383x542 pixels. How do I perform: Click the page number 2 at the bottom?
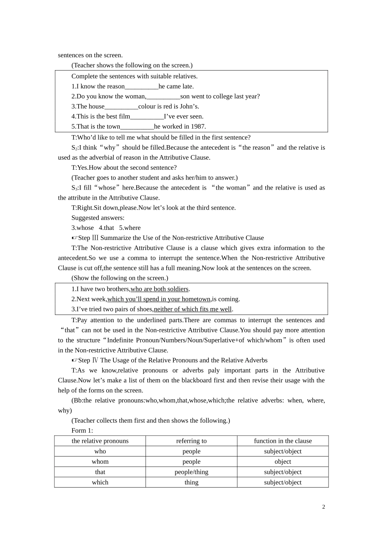pos(323,507)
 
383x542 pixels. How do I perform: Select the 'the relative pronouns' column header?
pos(100,441)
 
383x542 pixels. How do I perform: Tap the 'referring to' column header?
pos(191,441)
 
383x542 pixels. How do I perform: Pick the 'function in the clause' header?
pos(283,441)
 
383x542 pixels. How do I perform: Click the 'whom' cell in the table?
pos(100,462)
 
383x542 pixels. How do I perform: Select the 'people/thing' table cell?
pos(191,472)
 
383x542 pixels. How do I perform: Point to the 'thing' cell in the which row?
pos(191,482)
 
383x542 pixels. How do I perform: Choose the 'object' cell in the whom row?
pos(283,462)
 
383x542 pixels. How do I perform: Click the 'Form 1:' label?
pos(82,430)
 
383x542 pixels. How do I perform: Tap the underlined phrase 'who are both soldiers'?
pos(159,289)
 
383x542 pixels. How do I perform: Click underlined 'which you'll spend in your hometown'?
pos(159,299)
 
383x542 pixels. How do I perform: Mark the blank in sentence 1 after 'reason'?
pos(142,87)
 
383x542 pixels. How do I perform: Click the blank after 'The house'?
pos(121,107)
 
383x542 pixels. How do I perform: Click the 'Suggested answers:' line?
pos(98,218)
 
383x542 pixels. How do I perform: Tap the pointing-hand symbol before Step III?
pos(75,238)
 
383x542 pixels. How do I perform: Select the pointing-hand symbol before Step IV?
pos(75,361)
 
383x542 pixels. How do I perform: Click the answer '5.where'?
pos(130,228)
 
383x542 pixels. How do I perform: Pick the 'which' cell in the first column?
pos(100,482)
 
